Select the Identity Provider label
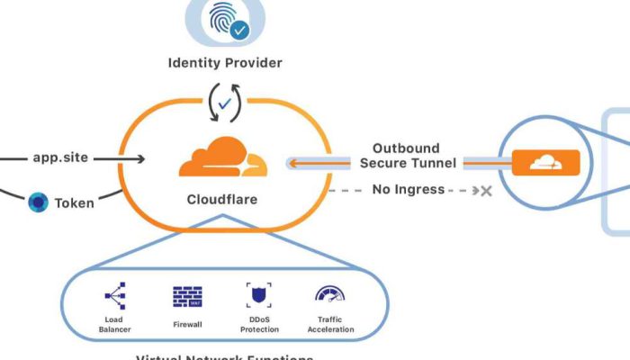tap(225, 63)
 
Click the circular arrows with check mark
tap(224, 103)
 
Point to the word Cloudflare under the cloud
tap(222, 199)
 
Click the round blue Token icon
tap(38, 202)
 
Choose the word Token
tap(74, 202)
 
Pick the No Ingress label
tap(408, 190)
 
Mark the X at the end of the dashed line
tap(486, 191)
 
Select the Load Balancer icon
tap(115, 296)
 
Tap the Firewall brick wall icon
tap(187, 297)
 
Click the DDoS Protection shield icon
tap(259, 296)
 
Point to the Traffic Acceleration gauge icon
tap(330, 295)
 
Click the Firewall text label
tap(187, 324)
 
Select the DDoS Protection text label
tap(259, 324)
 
